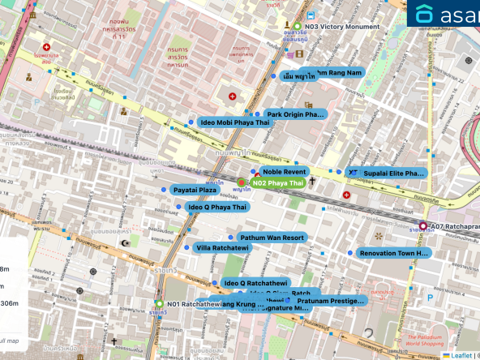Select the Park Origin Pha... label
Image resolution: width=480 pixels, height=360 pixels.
click(295, 114)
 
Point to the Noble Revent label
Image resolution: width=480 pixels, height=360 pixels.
click(284, 172)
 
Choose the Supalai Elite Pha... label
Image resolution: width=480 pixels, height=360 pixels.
click(393, 174)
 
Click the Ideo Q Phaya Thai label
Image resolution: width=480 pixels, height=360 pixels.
click(217, 208)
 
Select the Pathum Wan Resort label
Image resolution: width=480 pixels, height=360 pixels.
click(272, 238)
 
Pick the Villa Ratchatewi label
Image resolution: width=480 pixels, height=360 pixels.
click(222, 247)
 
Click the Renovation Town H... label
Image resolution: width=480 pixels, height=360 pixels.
click(395, 253)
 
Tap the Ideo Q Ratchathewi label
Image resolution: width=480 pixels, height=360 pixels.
click(255, 283)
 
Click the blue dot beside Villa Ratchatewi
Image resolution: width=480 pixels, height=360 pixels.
click(187, 247)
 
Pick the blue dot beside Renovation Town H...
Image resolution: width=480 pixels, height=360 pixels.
click(350, 253)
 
